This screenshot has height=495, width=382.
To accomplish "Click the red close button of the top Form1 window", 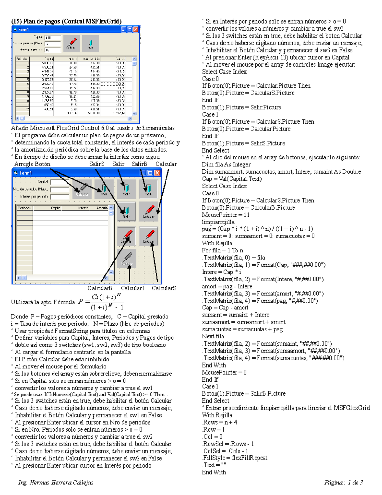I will (x=136, y=30).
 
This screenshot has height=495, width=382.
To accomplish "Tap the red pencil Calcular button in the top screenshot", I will (x=72, y=43).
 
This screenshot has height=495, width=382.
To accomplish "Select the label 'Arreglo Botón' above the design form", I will (x=32, y=164).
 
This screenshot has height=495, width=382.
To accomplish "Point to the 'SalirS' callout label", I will (x=97, y=164).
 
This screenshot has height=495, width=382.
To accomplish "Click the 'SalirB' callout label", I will (x=139, y=164).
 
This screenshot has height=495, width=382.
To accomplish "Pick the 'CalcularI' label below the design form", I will (x=132, y=288).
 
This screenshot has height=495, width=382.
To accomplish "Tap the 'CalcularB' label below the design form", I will (x=100, y=288).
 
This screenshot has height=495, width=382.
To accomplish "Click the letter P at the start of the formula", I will (x=81, y=302).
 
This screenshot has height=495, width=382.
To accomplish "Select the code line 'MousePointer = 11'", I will (x=225, y=215).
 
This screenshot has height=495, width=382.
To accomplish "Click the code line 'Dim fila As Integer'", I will (x=226, y=164).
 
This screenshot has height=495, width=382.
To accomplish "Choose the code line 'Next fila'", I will (x=213, y=336).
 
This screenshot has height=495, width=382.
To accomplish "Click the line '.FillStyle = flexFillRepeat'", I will (x=235, y=458).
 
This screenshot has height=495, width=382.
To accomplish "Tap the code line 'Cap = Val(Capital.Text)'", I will (x=232, y=179).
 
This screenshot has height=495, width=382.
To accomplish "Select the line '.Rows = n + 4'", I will (x=219, y=422).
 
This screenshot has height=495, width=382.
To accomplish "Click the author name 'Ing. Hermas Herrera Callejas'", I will (x=56, y=483).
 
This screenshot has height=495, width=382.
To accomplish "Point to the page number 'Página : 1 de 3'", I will (x=343, y=483).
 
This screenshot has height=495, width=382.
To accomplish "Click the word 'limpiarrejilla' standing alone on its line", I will (x=218, y=222).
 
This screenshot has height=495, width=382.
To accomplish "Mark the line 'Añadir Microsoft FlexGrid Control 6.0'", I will (x=93, y=128).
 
